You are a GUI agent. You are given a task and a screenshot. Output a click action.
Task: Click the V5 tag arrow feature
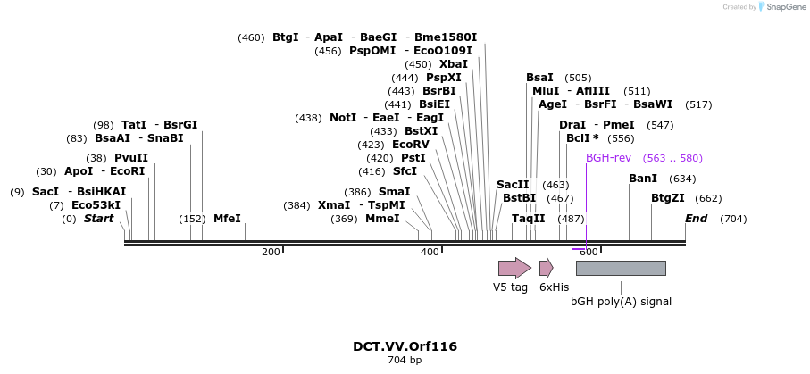[x=514, y=268]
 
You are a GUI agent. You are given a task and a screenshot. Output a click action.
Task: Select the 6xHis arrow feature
[x=546, y=268]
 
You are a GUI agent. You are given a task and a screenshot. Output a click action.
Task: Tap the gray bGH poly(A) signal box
[x=621, y=268]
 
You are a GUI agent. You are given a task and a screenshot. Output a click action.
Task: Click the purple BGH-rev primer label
[x=608, y=158]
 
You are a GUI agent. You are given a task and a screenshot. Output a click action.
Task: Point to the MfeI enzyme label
[x=227, y=219]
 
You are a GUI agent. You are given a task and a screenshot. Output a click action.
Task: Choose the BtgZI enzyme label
[x=668, y=198]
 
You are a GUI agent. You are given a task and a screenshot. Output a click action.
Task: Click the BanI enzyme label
[x=643, y=179]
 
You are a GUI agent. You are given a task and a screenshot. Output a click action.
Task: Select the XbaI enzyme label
[x=453, y=64]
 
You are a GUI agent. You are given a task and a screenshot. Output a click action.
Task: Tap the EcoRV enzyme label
[x=411, y=145]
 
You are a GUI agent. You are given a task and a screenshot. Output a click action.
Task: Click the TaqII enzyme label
[x=528, y=219]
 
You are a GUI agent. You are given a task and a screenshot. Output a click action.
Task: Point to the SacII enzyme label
[x=513, y=185]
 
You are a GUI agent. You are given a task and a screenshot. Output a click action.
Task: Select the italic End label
[x=696, y=219]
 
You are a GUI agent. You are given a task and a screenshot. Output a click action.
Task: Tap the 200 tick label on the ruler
[x=271, y=253]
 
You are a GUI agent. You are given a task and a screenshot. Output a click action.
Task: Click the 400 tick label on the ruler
[x=430, y=253]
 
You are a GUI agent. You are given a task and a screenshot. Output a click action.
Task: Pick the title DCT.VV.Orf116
[x=405, y=346]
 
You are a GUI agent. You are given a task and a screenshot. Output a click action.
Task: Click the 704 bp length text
[x=405, y=361]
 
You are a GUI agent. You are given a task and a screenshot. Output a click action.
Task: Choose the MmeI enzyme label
[x=382, y=219]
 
